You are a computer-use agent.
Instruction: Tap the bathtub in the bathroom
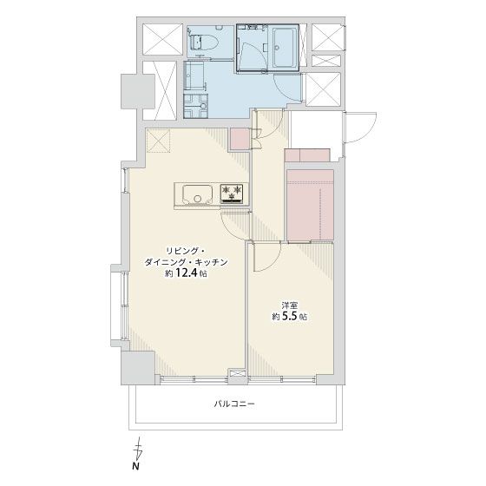[286, 48]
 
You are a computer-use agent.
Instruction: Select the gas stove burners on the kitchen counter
[231, 194]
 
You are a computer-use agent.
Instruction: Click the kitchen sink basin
[198, 194]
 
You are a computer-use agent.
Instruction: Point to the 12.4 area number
[187, 273]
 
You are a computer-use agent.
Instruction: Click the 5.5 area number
[290, 316]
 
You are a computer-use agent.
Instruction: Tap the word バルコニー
[234, 404]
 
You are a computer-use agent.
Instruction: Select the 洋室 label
[290, 305]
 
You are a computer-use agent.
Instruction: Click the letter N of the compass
[135, 466]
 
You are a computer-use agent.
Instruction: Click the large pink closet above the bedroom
[311, 205]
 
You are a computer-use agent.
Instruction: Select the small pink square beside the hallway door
[240, 139]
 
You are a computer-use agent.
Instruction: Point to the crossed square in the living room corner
[158, 141]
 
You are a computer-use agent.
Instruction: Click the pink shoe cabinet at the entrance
[307, 155]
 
